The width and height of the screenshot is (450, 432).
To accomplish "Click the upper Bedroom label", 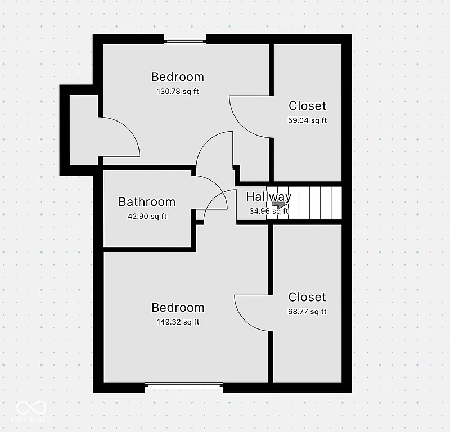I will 177,76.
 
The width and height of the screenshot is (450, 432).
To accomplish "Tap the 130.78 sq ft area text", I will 177,91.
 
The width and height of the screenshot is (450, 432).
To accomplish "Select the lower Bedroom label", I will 178,307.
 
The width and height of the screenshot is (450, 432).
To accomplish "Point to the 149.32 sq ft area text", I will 178,322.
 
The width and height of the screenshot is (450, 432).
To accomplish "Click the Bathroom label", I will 147,201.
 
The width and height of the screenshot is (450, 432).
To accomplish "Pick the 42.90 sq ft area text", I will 147,216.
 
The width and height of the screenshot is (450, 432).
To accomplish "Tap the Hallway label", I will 268,196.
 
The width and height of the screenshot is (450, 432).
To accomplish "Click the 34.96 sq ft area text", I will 268,211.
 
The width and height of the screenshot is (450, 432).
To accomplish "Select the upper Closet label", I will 307,106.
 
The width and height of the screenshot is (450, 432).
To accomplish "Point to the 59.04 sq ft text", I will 307,120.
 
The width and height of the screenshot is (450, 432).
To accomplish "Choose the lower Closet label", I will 307,297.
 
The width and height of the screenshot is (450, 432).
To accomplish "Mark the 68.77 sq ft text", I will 307,312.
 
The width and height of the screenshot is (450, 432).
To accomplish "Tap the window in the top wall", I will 185,39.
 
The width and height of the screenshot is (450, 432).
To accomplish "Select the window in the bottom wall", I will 184,386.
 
